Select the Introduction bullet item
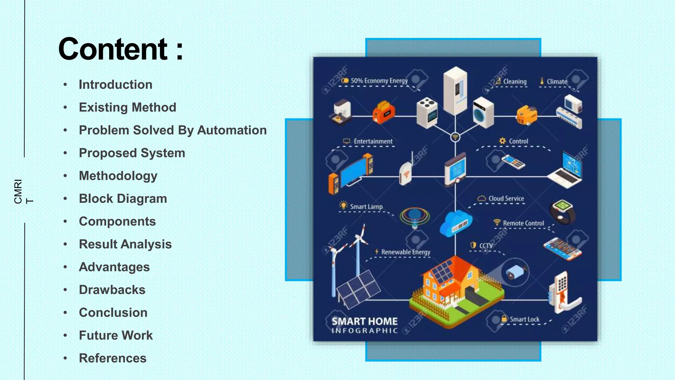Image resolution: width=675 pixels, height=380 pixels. (x=115, y=85)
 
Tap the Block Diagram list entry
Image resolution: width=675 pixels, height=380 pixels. (x=123, y=199)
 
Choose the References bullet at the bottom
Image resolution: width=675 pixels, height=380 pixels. (x=112, y=358)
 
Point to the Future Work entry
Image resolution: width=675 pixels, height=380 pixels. (x=116, y=335)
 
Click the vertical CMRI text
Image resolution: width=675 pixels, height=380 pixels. (x=18, y=192)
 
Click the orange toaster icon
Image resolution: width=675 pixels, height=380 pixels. (x=383, y=112)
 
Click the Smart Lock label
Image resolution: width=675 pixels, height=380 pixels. (x=524, y=319)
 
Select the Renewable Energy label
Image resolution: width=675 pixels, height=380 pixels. (x=405, y=252)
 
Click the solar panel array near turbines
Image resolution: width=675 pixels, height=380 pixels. (x=359, y=288)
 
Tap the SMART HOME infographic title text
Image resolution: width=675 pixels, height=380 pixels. (x=364, y=321)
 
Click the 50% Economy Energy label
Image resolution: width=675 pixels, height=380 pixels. (x=379, y=81)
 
